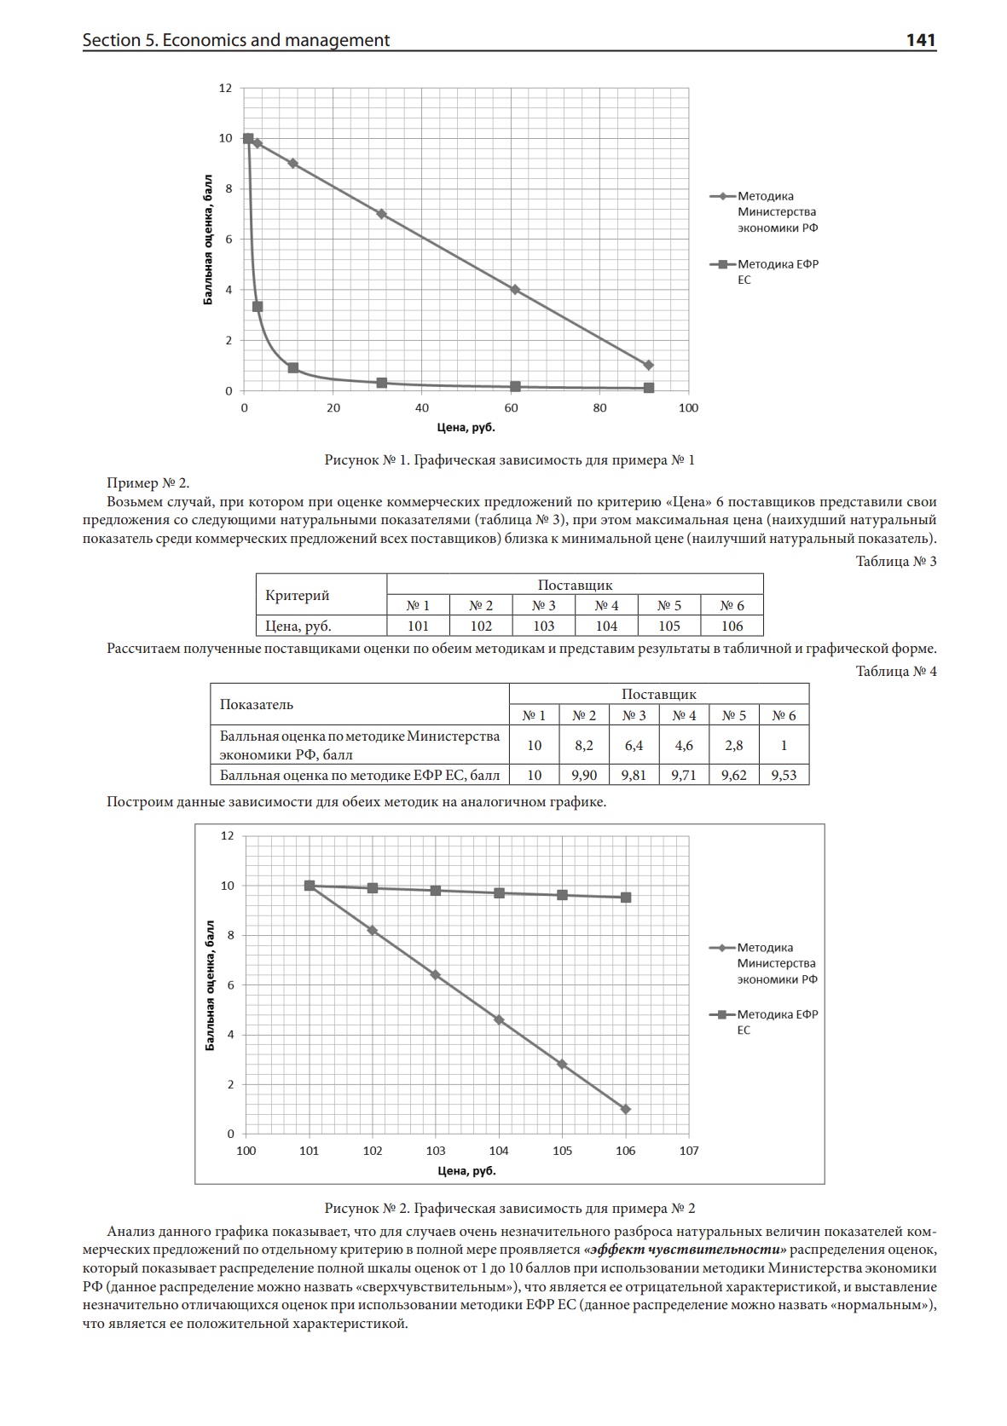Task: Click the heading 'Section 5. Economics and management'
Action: pos(235,40)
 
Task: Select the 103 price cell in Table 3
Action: pos(543,626)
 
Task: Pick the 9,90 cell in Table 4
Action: pos(584,775)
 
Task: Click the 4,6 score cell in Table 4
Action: pos(684,745)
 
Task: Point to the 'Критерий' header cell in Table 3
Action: pos(298,595)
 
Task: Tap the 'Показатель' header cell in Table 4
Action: pos(257,704)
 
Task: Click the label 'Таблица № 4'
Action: pos(896,671)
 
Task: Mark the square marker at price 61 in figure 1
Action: pos(515,386)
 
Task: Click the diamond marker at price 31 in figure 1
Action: pos(381,214)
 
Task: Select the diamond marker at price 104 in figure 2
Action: pos(499,1019)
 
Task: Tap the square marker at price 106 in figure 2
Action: pos(626,897)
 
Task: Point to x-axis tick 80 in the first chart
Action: pos(599,408)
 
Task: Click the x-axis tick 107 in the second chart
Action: pos(688,1151)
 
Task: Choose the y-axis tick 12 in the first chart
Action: pos(225,88)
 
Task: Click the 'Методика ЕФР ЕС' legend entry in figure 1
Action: pos(777,272)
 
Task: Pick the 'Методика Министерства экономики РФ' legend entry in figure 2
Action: pos(776,963)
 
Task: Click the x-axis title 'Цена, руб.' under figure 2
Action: pos(466,1170)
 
